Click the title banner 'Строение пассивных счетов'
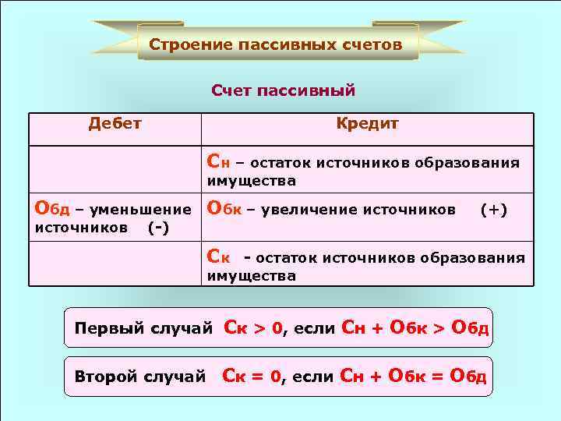coord(276,44)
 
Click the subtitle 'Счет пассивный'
coord(283,91)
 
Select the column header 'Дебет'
coord(115,123)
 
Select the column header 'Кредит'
coord(367,123)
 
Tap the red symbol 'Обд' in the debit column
coord(52,209)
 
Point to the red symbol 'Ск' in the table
coord(218,257)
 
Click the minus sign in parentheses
coord(158,228)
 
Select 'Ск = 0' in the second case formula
coord(251,377)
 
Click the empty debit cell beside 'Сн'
coord(115,169)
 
